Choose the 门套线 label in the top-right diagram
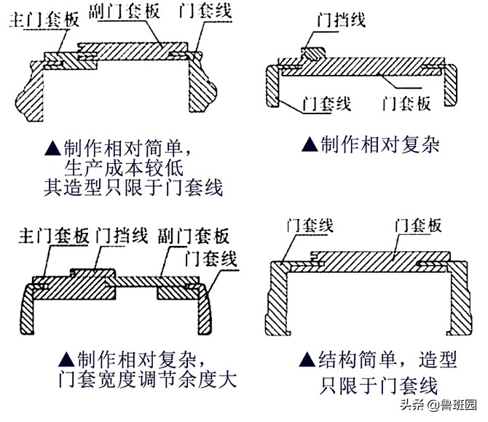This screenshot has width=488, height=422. (328, 105)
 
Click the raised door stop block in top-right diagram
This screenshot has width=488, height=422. (312, 53)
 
